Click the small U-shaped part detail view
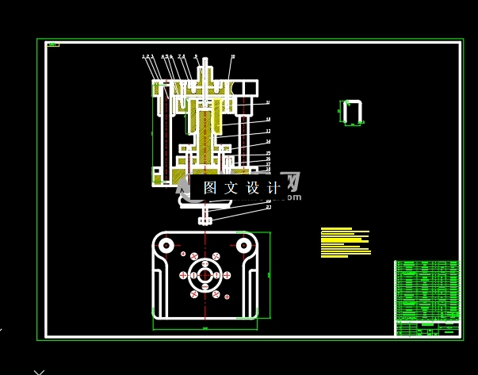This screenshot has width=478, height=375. pyautogui.click(x=353, y=113)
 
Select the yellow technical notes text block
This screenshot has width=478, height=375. pyautogui.click(x=346, y=243)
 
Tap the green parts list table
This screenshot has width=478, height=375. pyautogui.click(x=426, y=290)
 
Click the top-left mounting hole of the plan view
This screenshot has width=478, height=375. pyautogui.click(x=166, y=246)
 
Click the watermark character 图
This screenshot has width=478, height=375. pyautogui.click(x=210, y=188)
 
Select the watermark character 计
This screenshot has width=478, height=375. pyautogui.click(x=273, y=188)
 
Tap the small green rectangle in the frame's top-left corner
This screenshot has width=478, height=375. pyautogui.click(x=53, y=45)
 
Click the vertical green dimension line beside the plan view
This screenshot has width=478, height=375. pyautogui.click(x=270, y=274)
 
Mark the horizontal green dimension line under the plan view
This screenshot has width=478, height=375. pyautogui.click(x=205, y=327)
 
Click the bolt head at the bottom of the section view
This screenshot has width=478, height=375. pyautogui.click(x=205, y=220)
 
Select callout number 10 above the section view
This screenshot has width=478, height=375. pyautogui.click(x=233, y=56)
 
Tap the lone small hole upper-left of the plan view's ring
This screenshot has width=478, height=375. pyautogui.click(x=183, y=254)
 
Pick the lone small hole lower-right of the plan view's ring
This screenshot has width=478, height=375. pyautogui.click(x=228, y=297)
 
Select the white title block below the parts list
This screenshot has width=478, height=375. pyautogui.click(x=426, y=328)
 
